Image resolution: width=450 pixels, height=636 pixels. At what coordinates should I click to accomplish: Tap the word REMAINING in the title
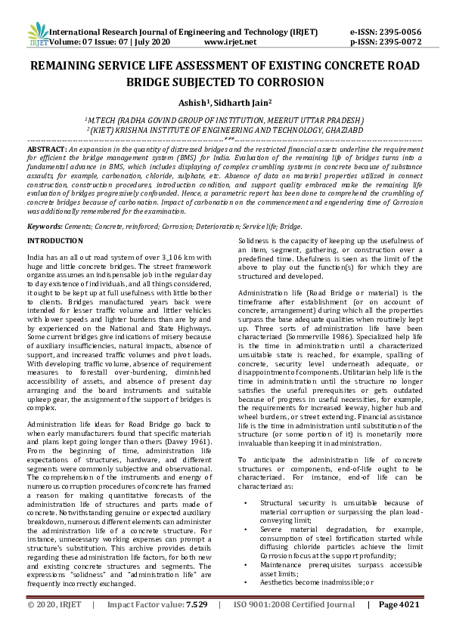[x=70, y=67]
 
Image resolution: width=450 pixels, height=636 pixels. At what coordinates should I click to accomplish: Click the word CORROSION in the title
[x=287, y=82]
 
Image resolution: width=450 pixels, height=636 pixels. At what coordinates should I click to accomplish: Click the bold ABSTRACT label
[x=45, y=150]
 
